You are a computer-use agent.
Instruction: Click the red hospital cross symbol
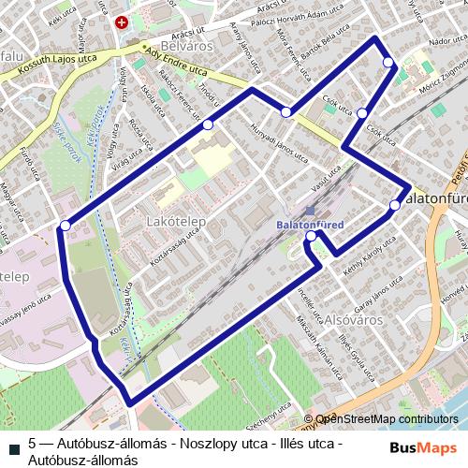coord(121,22)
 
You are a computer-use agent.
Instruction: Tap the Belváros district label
coord(188,44)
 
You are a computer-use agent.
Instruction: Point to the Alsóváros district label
coord(350,318)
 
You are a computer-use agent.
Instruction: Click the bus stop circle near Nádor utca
coord(388,63)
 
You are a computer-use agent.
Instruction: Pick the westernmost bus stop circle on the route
coord(65,225)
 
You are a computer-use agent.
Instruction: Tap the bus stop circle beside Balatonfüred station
coord(311,237)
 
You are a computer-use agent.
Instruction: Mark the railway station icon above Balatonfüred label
coord(311,212)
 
